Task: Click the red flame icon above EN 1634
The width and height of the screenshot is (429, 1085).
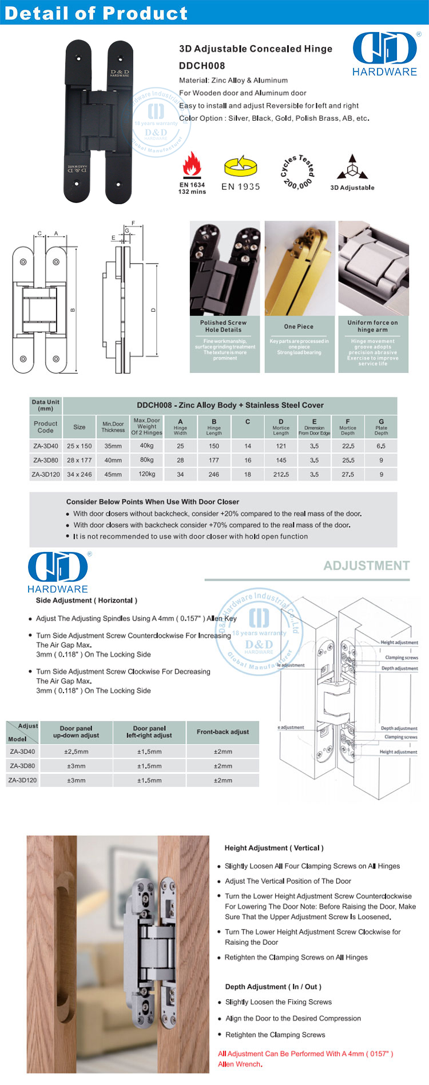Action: pos(192,165)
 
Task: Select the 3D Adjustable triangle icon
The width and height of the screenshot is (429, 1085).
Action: pos(352,167)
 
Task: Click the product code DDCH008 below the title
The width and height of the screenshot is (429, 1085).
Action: pos(202,65)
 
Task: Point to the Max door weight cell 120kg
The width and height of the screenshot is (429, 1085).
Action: pos(146,474)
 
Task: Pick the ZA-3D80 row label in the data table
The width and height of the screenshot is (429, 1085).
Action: pos(46,460)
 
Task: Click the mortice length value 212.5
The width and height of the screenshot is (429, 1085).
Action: pos(281,474)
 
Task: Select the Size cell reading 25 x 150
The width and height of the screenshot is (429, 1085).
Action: pos(79,446)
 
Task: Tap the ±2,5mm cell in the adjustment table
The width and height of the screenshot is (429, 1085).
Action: pos(76,752)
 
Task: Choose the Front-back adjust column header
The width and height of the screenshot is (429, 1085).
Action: pos(223,732)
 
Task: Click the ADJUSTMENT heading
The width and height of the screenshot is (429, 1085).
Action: pos(367,566)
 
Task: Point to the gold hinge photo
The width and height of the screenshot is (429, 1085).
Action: pos(300,268)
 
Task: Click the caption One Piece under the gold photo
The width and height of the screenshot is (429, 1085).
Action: pos(299,327)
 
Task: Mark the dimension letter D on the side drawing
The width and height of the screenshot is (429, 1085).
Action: pos(153,310)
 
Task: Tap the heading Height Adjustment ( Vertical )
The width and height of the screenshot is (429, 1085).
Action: pos(274,848)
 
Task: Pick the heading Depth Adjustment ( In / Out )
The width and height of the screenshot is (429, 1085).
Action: pos(273,987)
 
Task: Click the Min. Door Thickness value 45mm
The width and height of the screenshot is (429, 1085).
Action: pos(113,474)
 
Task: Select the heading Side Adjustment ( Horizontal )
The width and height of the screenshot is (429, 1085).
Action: pos(86,601)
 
